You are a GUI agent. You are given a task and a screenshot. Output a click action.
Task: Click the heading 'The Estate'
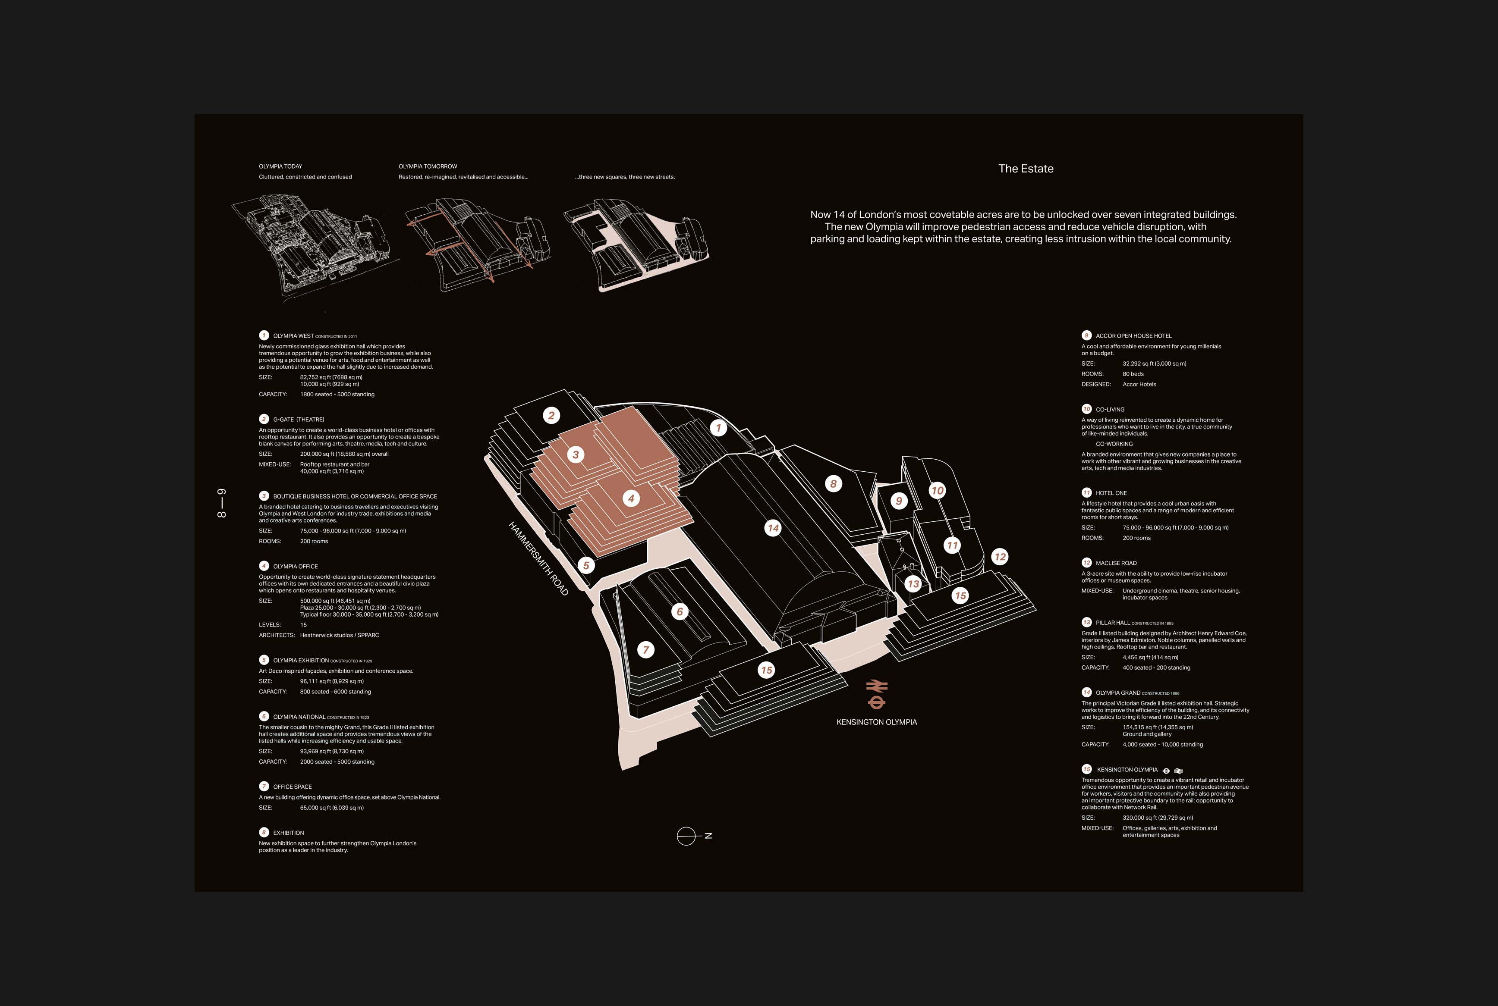click(1026, 169)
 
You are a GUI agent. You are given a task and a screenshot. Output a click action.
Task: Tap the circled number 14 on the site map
click(773, 528)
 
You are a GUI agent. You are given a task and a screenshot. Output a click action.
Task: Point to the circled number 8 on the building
click(833, 484)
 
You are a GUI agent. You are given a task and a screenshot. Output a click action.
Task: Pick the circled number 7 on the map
click(646, 650)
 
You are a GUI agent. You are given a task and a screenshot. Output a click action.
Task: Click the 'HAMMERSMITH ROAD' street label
click(538, 558)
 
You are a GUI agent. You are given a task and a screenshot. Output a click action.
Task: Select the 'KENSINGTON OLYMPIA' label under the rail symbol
click(877, 722)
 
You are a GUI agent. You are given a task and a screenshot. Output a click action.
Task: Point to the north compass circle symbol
click(686, 836)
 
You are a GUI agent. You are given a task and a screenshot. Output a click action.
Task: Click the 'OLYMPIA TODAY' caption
click(280, 166)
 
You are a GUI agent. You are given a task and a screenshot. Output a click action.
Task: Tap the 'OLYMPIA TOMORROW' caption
click(428, 166)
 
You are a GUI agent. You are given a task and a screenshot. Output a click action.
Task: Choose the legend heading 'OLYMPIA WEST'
click(293, 335)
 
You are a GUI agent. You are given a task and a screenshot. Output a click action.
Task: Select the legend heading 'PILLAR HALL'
click(1113, 622)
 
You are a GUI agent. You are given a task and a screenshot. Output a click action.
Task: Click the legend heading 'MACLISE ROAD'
click(1116, 563)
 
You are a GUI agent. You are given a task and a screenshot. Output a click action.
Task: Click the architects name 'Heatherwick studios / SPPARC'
click(340, 635)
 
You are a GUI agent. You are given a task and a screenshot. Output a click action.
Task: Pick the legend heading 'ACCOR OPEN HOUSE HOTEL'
click(1133, 335)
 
